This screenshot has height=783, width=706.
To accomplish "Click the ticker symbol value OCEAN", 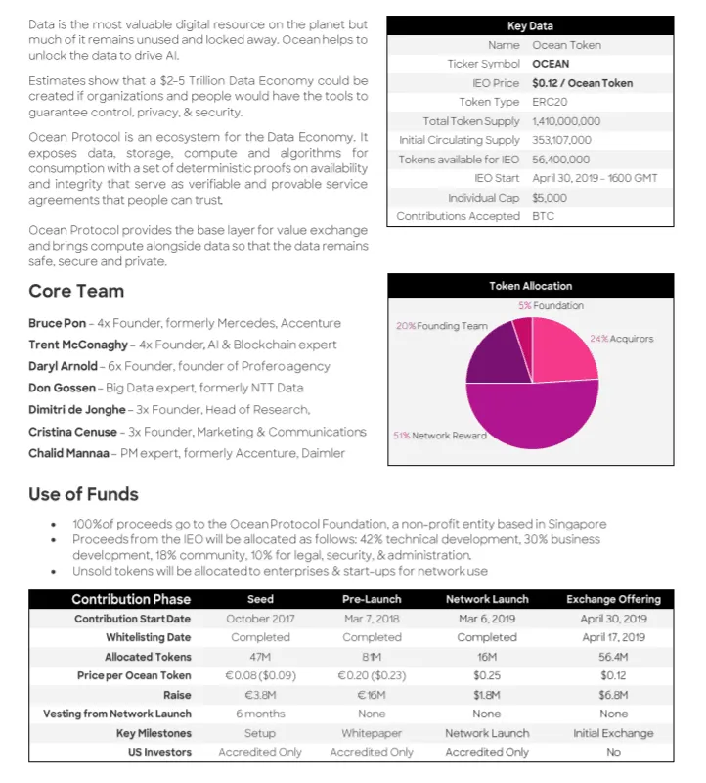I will (551, 64).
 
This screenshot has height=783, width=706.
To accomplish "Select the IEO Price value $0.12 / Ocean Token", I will (582, 83).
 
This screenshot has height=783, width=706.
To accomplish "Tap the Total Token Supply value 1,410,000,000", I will (566, 121).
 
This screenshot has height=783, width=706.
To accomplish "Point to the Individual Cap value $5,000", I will (550, 198).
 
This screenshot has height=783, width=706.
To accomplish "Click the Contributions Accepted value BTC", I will (543, 216).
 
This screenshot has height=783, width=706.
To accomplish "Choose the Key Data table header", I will (530, 26).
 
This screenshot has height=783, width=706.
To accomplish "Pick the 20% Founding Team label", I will (441, 326).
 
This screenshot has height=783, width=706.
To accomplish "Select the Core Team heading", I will (76, 291).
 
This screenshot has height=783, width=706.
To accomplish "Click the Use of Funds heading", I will (83, 494).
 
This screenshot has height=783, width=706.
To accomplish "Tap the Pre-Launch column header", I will (372, 599).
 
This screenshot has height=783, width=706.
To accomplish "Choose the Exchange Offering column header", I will (613, 599).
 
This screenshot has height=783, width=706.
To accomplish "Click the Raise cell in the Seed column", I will (260, 695).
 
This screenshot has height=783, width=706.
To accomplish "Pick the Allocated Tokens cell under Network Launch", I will (487, 657).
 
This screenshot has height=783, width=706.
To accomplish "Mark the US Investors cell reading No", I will (613, 752).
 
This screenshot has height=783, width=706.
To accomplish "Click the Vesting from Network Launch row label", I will (117, 714).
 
